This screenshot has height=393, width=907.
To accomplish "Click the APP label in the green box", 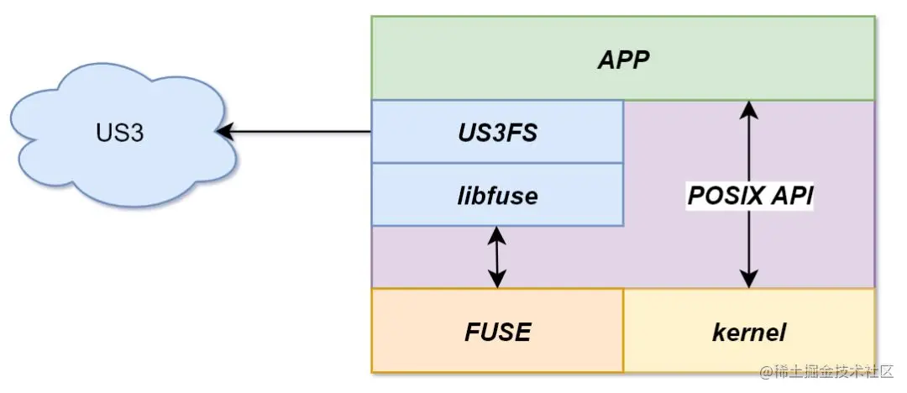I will tap(623, 60).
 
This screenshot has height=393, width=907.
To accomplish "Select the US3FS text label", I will tap(497, 133).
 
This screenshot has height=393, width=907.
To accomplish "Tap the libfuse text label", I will tap(497, 196).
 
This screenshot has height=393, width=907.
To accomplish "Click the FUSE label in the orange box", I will tap(497, 332).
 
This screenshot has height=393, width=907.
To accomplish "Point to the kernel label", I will tap(748, 332).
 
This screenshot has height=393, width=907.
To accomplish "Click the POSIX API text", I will tap(749, 196).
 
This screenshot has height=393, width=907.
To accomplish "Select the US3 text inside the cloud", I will tap(118, 133).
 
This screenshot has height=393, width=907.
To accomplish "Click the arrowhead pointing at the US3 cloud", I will tap(223, 132).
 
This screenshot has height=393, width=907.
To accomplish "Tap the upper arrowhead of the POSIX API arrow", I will tap(749, 107).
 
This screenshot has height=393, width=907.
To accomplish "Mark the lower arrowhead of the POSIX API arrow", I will tap(749, 280).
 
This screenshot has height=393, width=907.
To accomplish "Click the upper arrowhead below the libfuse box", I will tap(497, 234).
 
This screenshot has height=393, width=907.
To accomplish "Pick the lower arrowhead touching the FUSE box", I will tap(497, 280).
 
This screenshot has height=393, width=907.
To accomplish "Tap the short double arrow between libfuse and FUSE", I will tap(497, 257).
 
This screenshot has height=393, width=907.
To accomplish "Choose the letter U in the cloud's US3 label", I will tap(100, 133).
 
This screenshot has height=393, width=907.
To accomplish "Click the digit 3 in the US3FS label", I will tap(495, 133).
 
